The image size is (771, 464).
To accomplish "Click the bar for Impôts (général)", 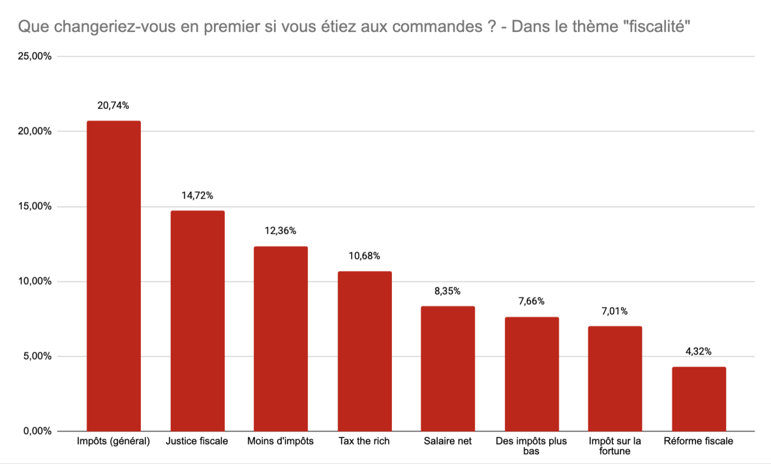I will coord(114,275).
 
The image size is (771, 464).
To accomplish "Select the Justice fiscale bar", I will coord(197,320).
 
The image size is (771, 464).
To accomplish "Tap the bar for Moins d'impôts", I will coord(281,338).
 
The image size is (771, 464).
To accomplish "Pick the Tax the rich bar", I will coord(365,351).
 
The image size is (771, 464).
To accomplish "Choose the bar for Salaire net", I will coord(447,369).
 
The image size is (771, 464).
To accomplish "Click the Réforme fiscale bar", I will coord(698,399).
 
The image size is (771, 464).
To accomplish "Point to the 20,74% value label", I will coord(113,106).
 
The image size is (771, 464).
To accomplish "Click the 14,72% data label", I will coord(197,196).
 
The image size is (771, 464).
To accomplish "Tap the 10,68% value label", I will coord(365,256).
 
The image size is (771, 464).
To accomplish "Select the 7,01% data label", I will coord(615,311).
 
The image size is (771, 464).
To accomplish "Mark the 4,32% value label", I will coord(698,352).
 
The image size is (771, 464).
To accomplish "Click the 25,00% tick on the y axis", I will coord(36,57).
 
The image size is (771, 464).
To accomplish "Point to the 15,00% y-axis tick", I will coord(36,207).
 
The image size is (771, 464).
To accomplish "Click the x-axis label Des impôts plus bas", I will coord(531,446).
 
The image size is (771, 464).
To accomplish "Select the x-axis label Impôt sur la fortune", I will coord(615,446).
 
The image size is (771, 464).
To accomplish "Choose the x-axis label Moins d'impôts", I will coord(281,441).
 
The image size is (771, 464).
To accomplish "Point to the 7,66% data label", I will coord(532,301).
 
